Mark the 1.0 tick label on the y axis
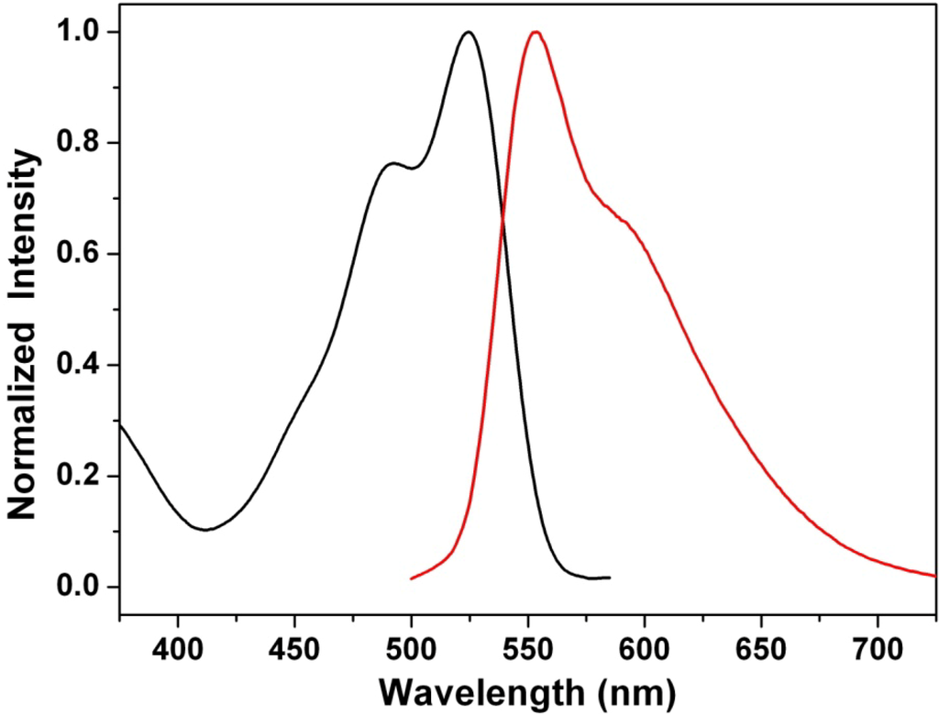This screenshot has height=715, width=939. click(79, 33)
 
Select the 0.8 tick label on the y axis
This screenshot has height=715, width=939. click(79, 144)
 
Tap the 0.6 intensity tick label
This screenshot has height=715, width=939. click(79, 255)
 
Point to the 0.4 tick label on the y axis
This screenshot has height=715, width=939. click(79, 366)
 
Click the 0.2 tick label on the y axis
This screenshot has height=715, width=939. click(79, 477)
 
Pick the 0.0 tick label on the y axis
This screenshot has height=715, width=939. click(79, 588)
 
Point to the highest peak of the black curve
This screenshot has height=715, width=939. click(469, 33)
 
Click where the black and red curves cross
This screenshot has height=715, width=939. click(502, 218)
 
